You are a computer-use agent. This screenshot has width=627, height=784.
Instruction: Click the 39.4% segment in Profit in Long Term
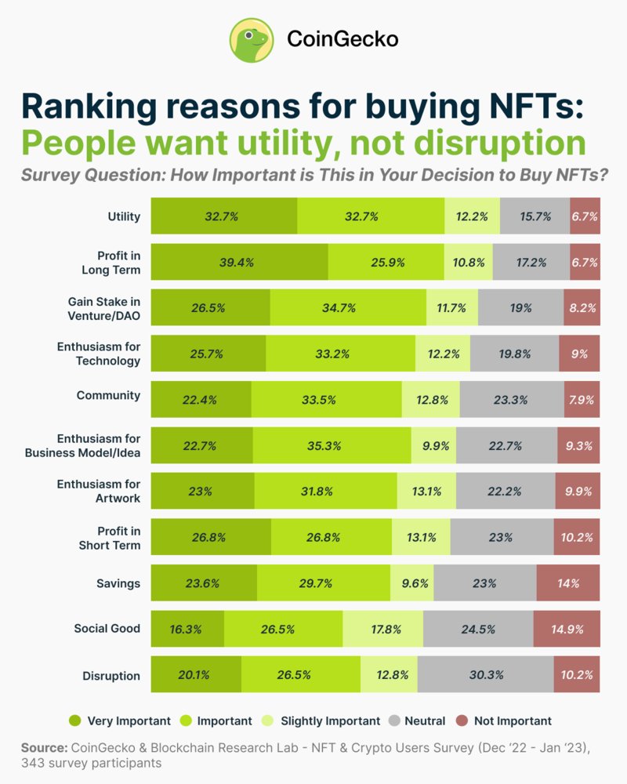[239, 263]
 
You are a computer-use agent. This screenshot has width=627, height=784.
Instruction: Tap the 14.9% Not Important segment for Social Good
[566, 629]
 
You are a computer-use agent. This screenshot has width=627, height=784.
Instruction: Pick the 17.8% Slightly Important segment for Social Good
[383, 629]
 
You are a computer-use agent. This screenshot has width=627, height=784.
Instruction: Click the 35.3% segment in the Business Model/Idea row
[332, 446]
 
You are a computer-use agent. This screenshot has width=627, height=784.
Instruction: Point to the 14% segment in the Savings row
[568, 583]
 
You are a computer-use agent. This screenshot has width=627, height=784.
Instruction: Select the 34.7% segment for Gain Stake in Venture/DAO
[348, 308]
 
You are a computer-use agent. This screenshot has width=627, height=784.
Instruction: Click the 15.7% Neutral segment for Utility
[535, 216]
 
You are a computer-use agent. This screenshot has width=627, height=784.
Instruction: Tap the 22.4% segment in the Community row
[201, 400]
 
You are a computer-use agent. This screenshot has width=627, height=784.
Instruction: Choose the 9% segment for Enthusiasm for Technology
[579, 354]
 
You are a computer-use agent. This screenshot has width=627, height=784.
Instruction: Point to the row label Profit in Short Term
[110, 538]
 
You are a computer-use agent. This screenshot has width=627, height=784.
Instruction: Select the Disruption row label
[111, 675]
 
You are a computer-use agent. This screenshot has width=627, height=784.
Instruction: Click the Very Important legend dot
[75, 720]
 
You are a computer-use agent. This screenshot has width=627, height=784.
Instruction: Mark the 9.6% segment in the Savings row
[411, 583]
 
